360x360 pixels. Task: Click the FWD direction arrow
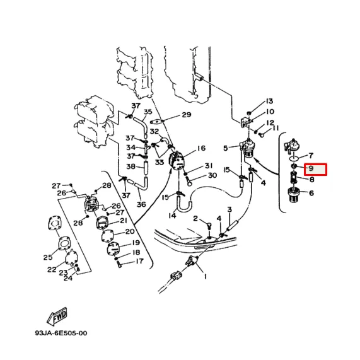(x=57, y=316)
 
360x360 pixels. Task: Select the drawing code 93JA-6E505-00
(x=61, y=333)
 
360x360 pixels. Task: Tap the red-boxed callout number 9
(x=311, y=168)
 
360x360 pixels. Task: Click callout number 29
(x=187, y=115)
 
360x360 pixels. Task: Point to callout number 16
(x=201, y=148)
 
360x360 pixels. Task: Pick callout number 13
(x=269, y=101)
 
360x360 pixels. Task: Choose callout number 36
(x=141, y=204)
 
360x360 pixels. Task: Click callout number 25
(x=48, y=257)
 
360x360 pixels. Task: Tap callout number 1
(x=206, y=277)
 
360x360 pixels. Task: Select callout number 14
(x=172, y=216)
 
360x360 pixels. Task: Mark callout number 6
(x=311, y=193)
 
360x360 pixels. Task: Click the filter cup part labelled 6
(x=293, y=195)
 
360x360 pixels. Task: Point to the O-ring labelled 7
(x=294, y=158)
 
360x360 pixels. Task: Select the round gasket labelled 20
(x=108, y=236)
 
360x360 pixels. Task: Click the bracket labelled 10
(x=246, y=122)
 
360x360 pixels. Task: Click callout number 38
(x=131, y=166)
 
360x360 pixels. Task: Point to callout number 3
(x=229, y=209)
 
